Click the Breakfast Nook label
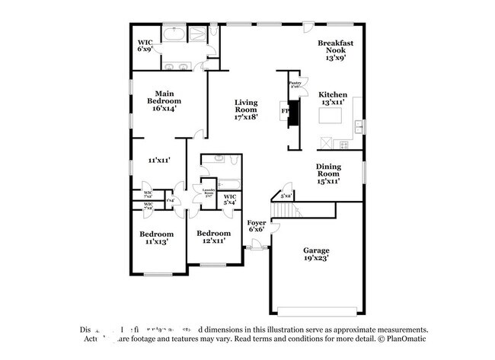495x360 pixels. pos(336,49)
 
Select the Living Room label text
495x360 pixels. pos(246,110)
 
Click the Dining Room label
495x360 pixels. pos(328,174)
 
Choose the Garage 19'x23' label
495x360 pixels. pos(316,253)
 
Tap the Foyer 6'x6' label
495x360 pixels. pos(257,225)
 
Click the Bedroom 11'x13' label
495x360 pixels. pos(156,237)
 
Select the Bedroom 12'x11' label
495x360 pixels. pos(213,237)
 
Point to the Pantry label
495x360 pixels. pos(295,84)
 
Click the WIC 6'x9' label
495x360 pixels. pos(145,46)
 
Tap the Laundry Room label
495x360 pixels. pos(208,193)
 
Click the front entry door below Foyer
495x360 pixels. pos(255,245)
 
